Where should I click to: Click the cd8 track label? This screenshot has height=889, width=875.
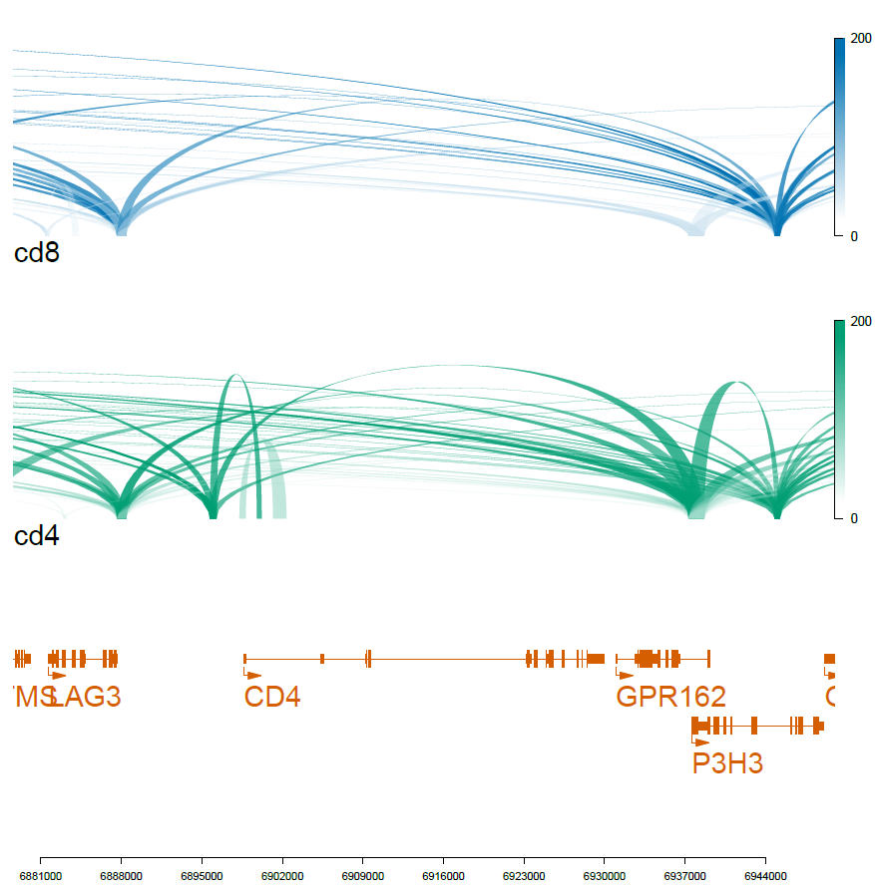click(x=37, y=253)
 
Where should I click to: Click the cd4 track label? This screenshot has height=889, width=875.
click(x=37, y=536)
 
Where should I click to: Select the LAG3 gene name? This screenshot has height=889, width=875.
click(x=85, y=697)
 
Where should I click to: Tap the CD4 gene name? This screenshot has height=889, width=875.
click(x=272, y=697)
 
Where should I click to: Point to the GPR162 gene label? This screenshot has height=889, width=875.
click(x=670, y=697)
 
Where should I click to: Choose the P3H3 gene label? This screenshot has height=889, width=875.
click(x=727, y=763)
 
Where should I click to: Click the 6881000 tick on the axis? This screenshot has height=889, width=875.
click(x=40, y=875)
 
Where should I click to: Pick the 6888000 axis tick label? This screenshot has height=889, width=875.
click(x=121, y=875)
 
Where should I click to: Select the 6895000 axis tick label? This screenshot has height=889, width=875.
click(x=202, y=875)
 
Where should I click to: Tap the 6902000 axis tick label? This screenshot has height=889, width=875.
click(x=282, y=875)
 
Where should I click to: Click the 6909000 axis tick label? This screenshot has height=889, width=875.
click(x=363, y=875)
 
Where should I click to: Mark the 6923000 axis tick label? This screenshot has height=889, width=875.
click(x=524, y=875)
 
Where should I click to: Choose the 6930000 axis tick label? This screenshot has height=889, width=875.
click(x=605, y=875)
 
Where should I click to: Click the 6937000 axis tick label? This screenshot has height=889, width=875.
click(x=685, y=875)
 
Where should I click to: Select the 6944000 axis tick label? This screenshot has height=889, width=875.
click(x=765, y=875)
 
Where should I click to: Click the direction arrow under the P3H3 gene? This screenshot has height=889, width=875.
click(x=701, y=741)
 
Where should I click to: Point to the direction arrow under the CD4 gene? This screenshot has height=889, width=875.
click(x=253, y=675)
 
